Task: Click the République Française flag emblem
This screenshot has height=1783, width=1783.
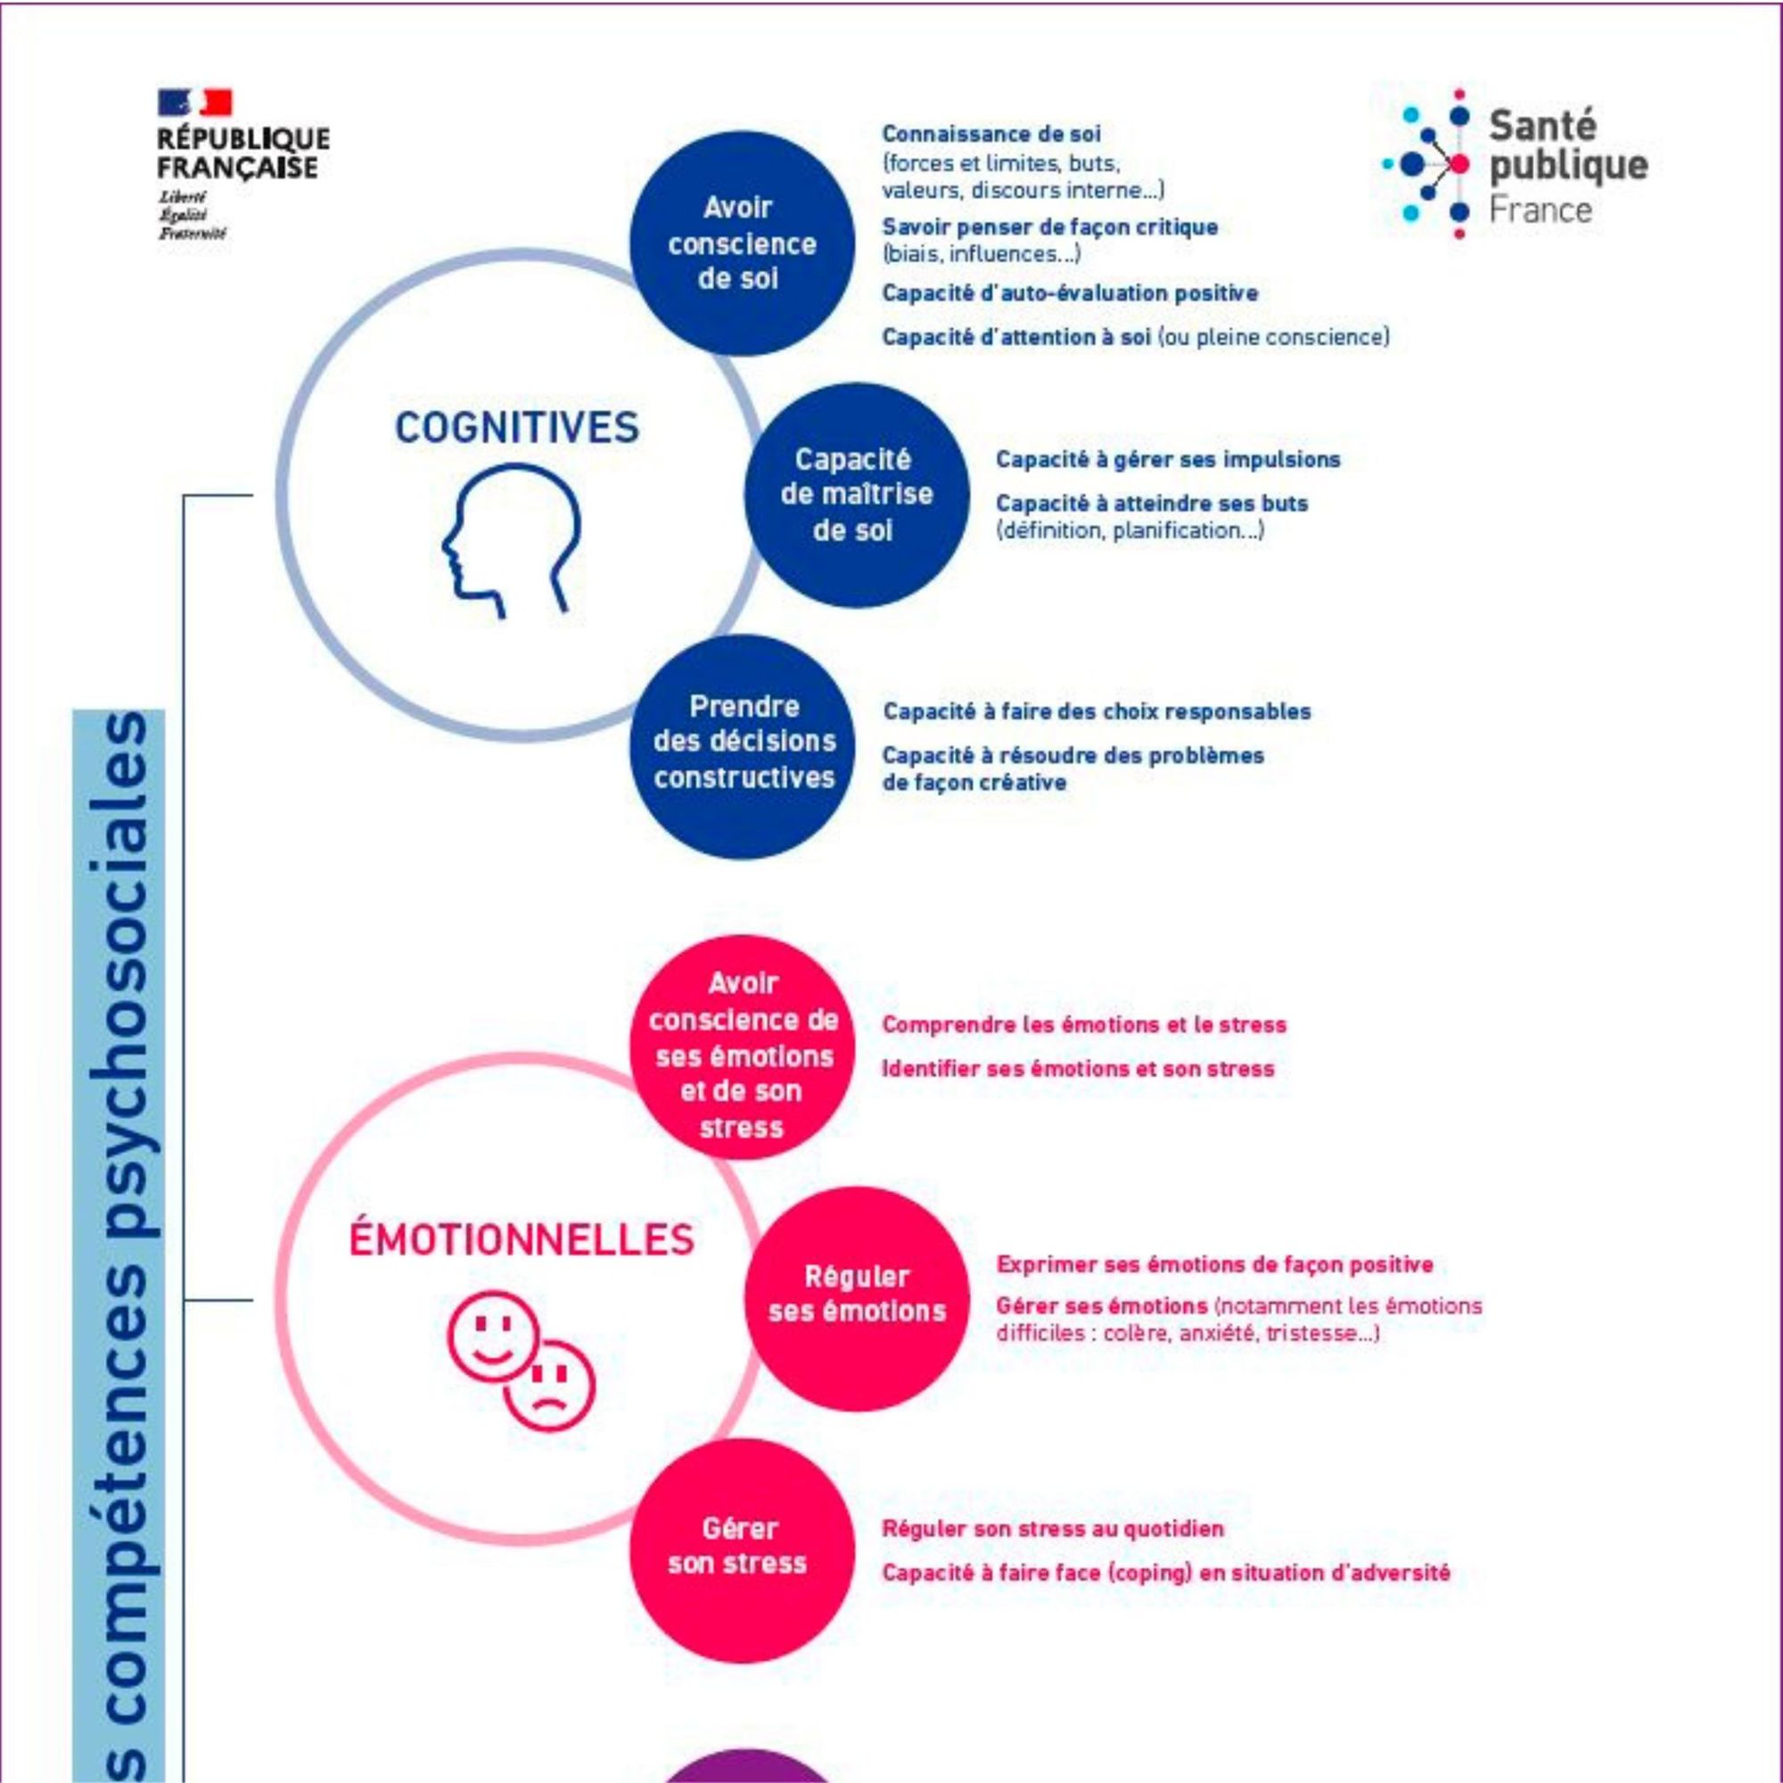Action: point(194,103)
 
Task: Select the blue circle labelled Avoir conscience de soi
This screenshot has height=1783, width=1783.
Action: point(741,242)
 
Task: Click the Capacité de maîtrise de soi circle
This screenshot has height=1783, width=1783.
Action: point(856,495)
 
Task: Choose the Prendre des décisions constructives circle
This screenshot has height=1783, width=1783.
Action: point(743,744)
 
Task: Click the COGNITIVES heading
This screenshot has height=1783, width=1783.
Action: point(516,428)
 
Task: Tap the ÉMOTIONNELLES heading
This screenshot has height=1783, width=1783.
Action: point(522,1239)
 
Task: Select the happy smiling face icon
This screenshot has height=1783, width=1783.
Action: point(492,1335)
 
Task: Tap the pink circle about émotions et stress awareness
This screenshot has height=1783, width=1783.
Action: point(743,1048)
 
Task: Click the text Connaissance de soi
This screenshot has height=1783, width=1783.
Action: point(991,134)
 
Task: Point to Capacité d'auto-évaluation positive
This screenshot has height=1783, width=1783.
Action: point(1070,293)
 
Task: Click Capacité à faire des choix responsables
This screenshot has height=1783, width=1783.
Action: point(1097,711)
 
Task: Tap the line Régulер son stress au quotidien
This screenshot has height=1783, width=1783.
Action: point(1052,1528)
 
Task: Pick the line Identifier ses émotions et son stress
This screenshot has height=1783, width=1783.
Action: point(1078,1069)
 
